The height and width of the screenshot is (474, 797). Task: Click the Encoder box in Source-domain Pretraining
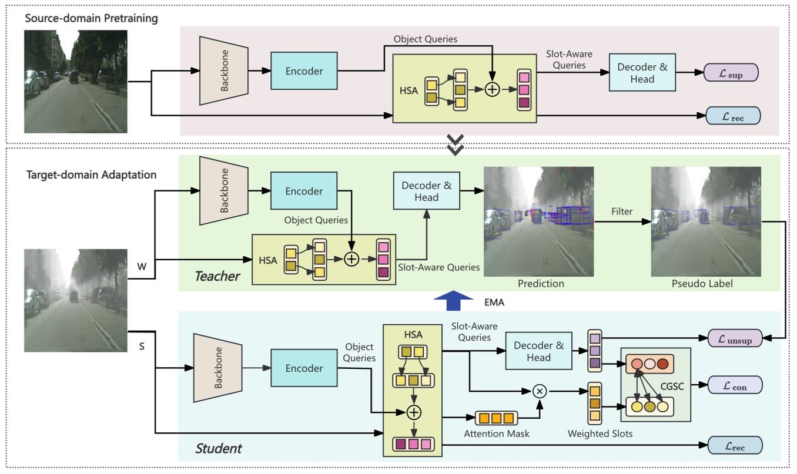click(x=304, y=71)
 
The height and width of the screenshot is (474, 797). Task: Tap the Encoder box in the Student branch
click(x=304, y=368)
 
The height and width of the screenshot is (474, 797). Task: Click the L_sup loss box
click(x=733, y=73)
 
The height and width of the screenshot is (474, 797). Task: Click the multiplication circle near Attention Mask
click(x=539, y=391)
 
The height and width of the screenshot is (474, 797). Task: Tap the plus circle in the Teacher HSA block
click(x=351, y=259)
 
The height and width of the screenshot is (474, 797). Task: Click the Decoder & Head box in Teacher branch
click(x=426, y=191)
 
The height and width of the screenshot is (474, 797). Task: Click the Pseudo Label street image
click(x=706, y=221)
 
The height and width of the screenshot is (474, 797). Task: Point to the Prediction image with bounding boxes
click(x=538, y=221)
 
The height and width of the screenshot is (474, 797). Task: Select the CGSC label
click(x=668, y=386)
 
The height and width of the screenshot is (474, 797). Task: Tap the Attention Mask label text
click(x=496, y=433)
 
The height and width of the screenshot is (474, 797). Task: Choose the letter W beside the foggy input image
click(x=142, y=266)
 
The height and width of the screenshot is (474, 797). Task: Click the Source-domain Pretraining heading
click(x=91, y=18)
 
